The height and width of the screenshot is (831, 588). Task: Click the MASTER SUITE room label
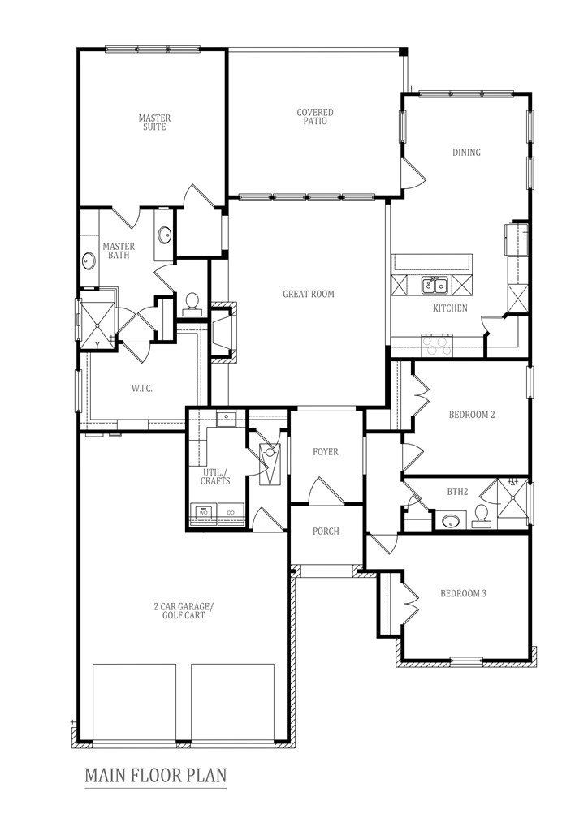point(153,123)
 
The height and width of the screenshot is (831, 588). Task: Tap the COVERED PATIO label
point(315,117)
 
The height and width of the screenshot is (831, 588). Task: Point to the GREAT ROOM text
point(308,294)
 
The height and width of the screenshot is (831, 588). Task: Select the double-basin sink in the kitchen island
point(432,285)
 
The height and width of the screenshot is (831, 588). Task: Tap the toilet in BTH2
point(482,515)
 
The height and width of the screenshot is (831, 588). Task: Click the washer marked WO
point(204,512)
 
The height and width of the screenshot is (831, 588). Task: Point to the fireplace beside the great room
point(223,331)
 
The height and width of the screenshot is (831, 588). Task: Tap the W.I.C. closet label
point(141,388)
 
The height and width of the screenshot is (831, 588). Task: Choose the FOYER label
point(325,452)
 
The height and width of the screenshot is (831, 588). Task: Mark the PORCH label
point(325,532)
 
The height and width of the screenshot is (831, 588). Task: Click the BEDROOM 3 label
point(463,593)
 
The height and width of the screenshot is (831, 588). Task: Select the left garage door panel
point(135,703)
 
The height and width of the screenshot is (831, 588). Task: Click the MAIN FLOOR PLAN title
point(156,775)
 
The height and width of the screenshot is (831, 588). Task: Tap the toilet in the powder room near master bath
point(192,303)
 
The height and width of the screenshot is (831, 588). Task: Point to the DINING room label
point(466,152)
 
